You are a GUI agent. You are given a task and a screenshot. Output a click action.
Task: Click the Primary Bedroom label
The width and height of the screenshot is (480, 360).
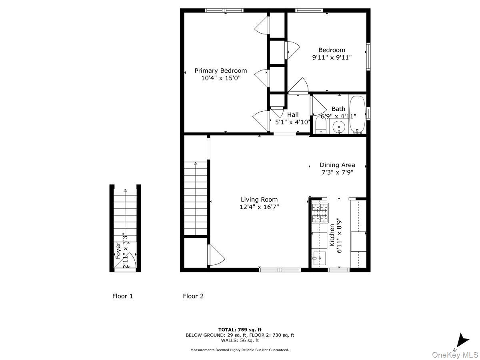[221, 71]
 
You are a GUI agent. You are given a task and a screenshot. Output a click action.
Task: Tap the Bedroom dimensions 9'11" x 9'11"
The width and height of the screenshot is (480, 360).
[332, 57]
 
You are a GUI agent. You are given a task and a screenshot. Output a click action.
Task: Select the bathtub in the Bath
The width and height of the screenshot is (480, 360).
[357, 114]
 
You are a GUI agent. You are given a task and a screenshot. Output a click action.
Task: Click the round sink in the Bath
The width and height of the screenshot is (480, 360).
[339, 127]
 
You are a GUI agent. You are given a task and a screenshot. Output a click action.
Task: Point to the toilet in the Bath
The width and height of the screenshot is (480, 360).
[321, 127]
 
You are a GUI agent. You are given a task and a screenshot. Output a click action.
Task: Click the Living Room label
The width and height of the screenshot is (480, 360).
[259, 200]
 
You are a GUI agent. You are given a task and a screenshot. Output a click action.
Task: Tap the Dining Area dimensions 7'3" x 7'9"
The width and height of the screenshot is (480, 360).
[337, 172]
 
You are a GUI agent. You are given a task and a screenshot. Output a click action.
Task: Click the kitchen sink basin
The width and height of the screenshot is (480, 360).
[319, 259]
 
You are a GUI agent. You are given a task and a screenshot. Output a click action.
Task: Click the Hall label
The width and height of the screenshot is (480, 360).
[293, 115]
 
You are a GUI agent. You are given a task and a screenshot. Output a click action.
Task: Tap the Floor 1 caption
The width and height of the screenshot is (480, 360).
[122, 296]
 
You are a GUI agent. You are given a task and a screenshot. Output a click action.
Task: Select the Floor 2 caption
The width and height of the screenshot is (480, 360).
[193, 296]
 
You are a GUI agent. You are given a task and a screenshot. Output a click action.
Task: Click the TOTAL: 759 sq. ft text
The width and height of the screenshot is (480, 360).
[240, 330]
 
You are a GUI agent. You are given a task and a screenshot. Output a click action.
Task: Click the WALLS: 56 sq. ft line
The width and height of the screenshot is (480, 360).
[240, 341]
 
